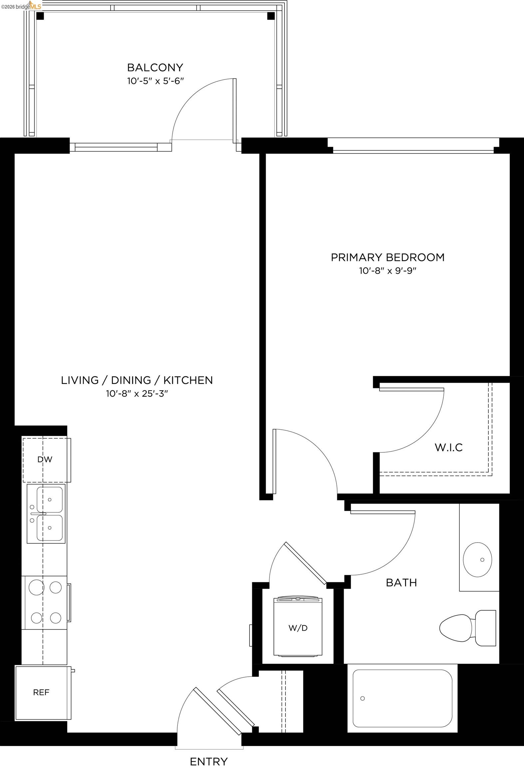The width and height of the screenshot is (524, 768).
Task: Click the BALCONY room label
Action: tap(155, 68)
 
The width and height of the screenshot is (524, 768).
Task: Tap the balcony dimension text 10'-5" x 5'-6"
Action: tap(155, 81)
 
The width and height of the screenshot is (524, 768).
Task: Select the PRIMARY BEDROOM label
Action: tap(387, 257)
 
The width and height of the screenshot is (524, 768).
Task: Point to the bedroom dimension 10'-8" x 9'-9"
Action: tap(387, 271)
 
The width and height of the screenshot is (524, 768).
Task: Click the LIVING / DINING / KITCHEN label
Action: tap(137, 380)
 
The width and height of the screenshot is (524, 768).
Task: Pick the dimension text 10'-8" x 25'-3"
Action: tap(137, 394)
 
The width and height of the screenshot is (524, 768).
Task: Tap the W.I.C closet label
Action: tap(449, 447)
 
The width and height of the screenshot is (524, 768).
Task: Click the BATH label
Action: tap(401, 583)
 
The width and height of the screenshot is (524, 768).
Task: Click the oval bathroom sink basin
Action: tap(477, 560)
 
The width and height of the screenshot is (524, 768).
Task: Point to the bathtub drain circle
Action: tap(362, 698)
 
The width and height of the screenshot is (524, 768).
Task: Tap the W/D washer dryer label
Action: tap(298, 628)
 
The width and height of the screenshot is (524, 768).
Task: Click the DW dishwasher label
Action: tap(45, 460)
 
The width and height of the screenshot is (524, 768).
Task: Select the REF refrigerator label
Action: tap(41, 692)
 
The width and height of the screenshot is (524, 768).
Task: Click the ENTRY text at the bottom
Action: tap(209, 752)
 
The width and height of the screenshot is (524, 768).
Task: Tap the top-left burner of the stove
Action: tap(36, 587)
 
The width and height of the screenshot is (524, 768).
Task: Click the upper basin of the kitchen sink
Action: tap(50, 499)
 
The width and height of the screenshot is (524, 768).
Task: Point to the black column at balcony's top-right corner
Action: tap(271, 16)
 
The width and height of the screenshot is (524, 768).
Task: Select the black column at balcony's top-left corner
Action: tap(40, 16)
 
